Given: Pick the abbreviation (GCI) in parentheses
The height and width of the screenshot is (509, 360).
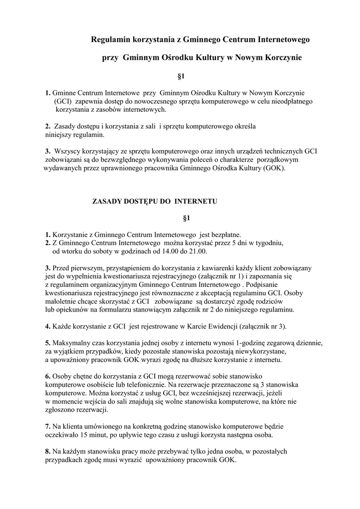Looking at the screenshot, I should pos(64,101).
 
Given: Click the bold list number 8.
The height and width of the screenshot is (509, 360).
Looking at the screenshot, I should pos(48,452).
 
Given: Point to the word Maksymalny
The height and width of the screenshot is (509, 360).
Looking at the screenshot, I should pos(71,343).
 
